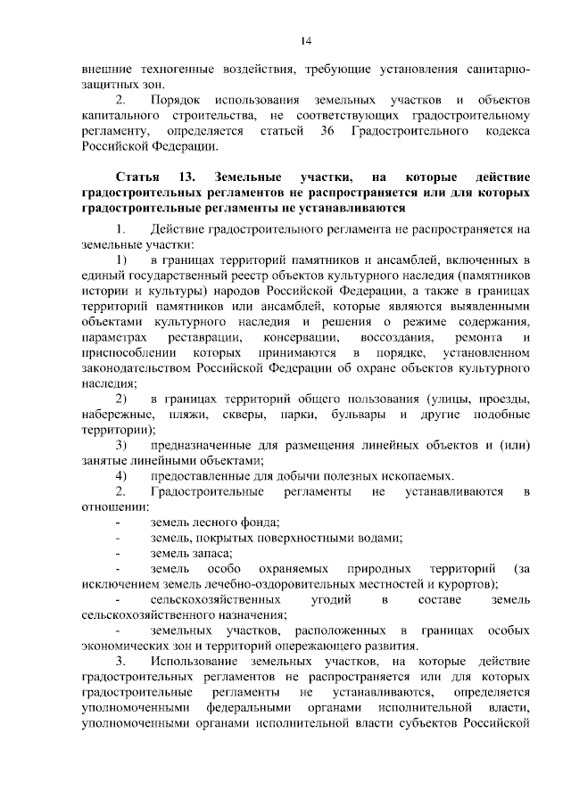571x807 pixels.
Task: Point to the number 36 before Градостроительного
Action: click(x=325, y=131)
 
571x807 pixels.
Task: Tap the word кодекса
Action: click(x=506, y=131)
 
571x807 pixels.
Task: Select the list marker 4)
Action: click(x=120, y=475)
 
